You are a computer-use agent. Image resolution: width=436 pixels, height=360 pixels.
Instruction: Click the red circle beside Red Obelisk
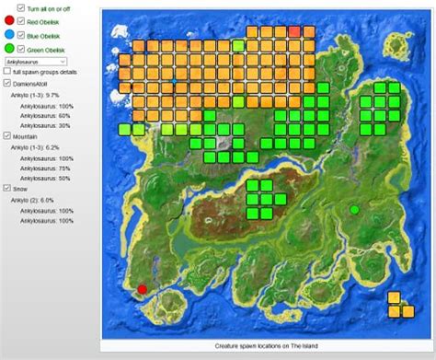8,19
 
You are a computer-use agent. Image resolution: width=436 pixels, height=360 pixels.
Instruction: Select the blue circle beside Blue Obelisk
8,35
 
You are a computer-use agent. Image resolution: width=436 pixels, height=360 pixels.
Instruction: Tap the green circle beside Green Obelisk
8,50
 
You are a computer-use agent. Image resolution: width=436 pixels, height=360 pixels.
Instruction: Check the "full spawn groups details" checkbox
6,72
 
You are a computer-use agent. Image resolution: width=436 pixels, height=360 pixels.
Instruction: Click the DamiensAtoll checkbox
6,84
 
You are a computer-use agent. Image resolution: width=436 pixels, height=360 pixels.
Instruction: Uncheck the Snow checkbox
6,188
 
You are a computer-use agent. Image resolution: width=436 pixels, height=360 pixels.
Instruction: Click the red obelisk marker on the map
142,289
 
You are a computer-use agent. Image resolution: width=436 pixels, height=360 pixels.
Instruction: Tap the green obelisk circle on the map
354,211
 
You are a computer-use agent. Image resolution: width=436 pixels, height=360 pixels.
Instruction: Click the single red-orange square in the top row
294,31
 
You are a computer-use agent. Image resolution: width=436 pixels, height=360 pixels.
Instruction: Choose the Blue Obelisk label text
45,35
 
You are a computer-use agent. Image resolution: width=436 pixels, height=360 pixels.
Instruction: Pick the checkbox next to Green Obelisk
21,50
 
